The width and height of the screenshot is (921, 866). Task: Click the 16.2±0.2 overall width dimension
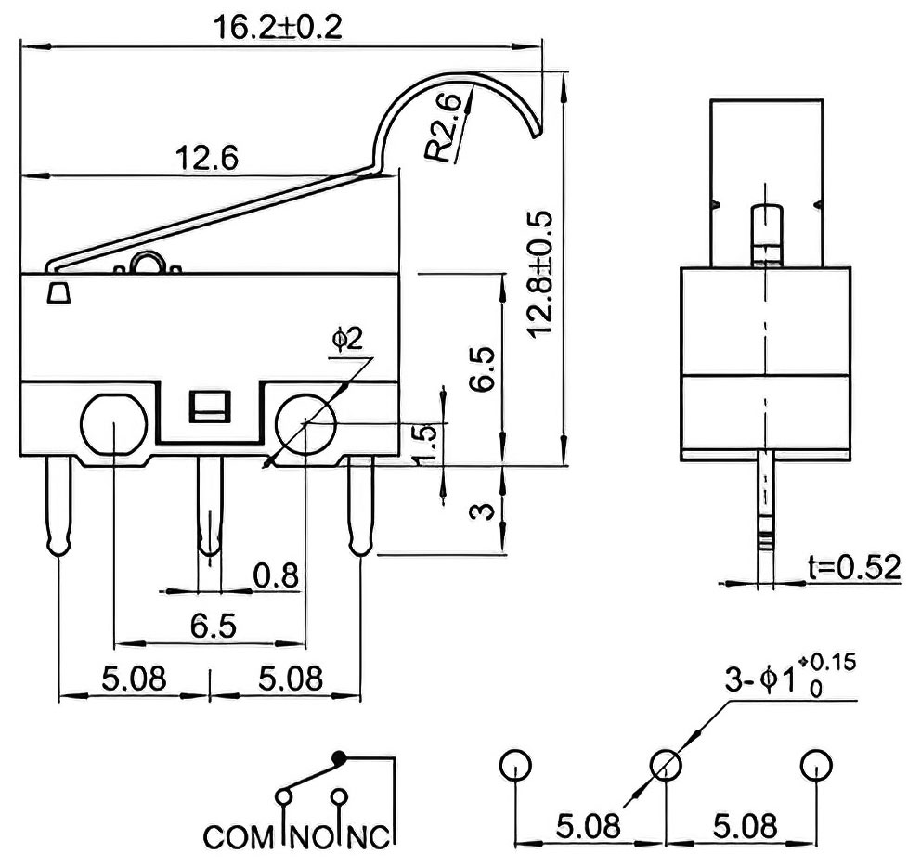coord(278,27)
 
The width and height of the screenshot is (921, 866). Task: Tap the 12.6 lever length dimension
coord(207,158)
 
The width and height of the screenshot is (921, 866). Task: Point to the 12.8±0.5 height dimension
coord(541,274)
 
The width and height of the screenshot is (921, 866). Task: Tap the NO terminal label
coord(312,837)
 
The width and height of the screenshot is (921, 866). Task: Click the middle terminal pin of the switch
coord(210,505)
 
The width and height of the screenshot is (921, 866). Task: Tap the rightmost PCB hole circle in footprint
coord(816,766)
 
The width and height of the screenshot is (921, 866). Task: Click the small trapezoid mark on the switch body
coord(58,292)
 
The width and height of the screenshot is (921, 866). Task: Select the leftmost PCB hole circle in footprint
coord(515,766)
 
